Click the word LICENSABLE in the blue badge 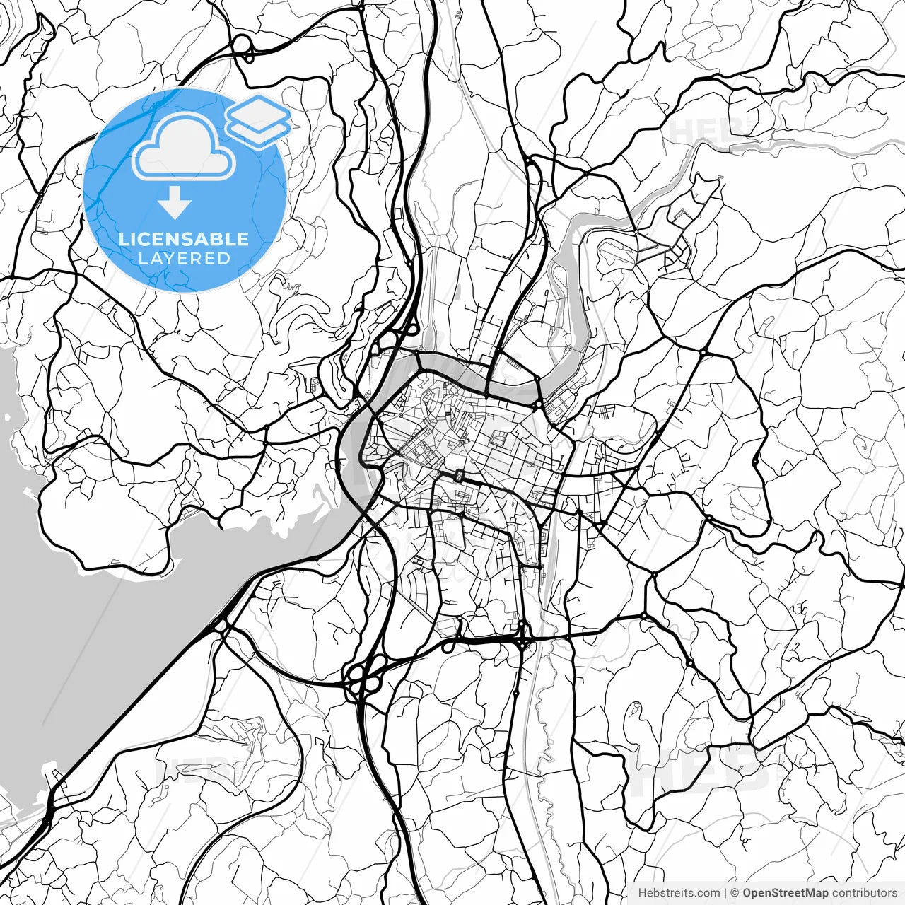coord(184,239)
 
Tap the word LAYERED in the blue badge coord(184,258)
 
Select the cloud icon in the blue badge coord(184,147)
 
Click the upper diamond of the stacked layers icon coord(259,112)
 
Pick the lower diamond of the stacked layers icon coord(259,132)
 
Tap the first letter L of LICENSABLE coord(124,239)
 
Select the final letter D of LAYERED coord(225,258)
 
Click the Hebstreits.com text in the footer coord(679,894)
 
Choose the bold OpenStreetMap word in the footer coord(786,894)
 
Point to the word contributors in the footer coord(864,894)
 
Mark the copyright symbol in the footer coord(735,894)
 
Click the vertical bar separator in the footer coord(726,894)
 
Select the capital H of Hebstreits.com coord(642,894)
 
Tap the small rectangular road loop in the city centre coord(460,476)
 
